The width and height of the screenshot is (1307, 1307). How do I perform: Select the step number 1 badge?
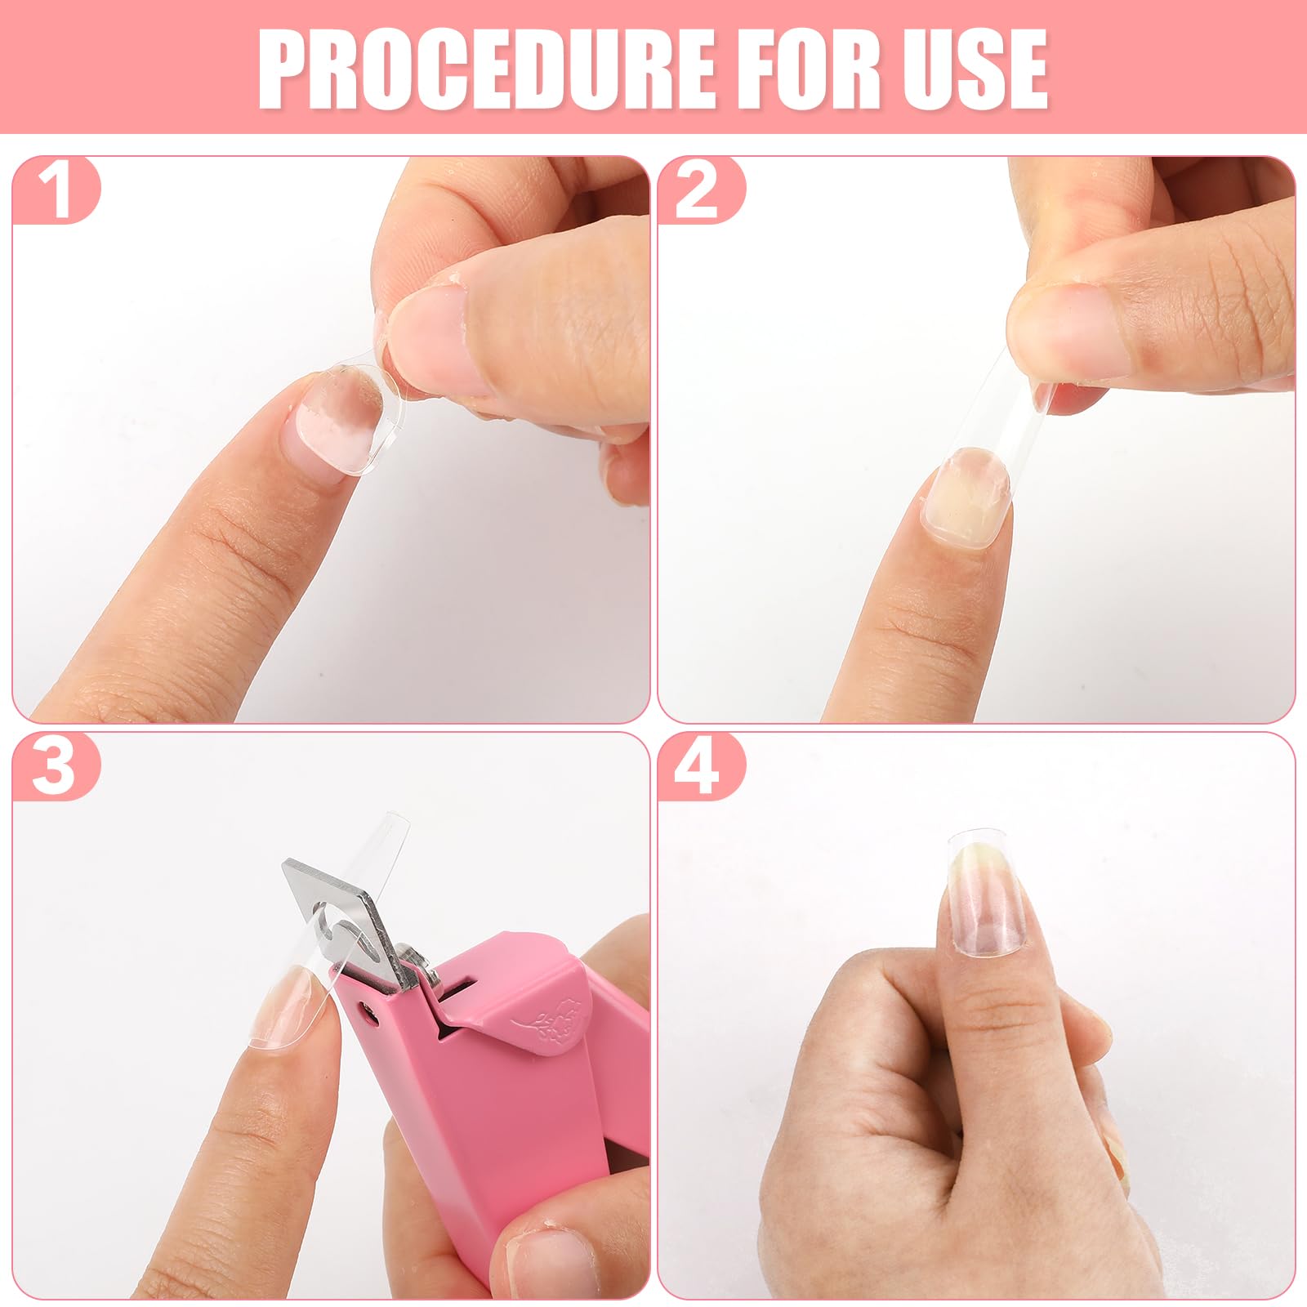56,190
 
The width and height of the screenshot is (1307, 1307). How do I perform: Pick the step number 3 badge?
56,766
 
